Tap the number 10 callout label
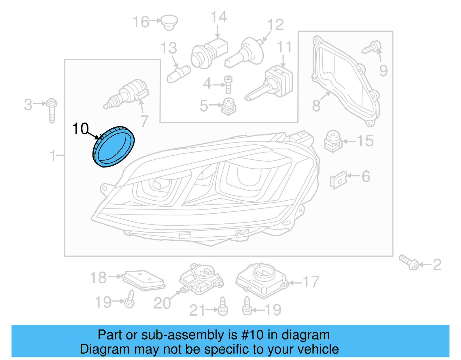(80, 129)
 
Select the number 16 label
(141, 22)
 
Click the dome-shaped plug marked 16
(169, 22)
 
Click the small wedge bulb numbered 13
(178, 74)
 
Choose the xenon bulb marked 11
(271, 84)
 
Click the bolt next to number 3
(52, 110)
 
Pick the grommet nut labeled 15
(333, 141)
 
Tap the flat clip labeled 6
(339, 180)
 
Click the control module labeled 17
(262, 280)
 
